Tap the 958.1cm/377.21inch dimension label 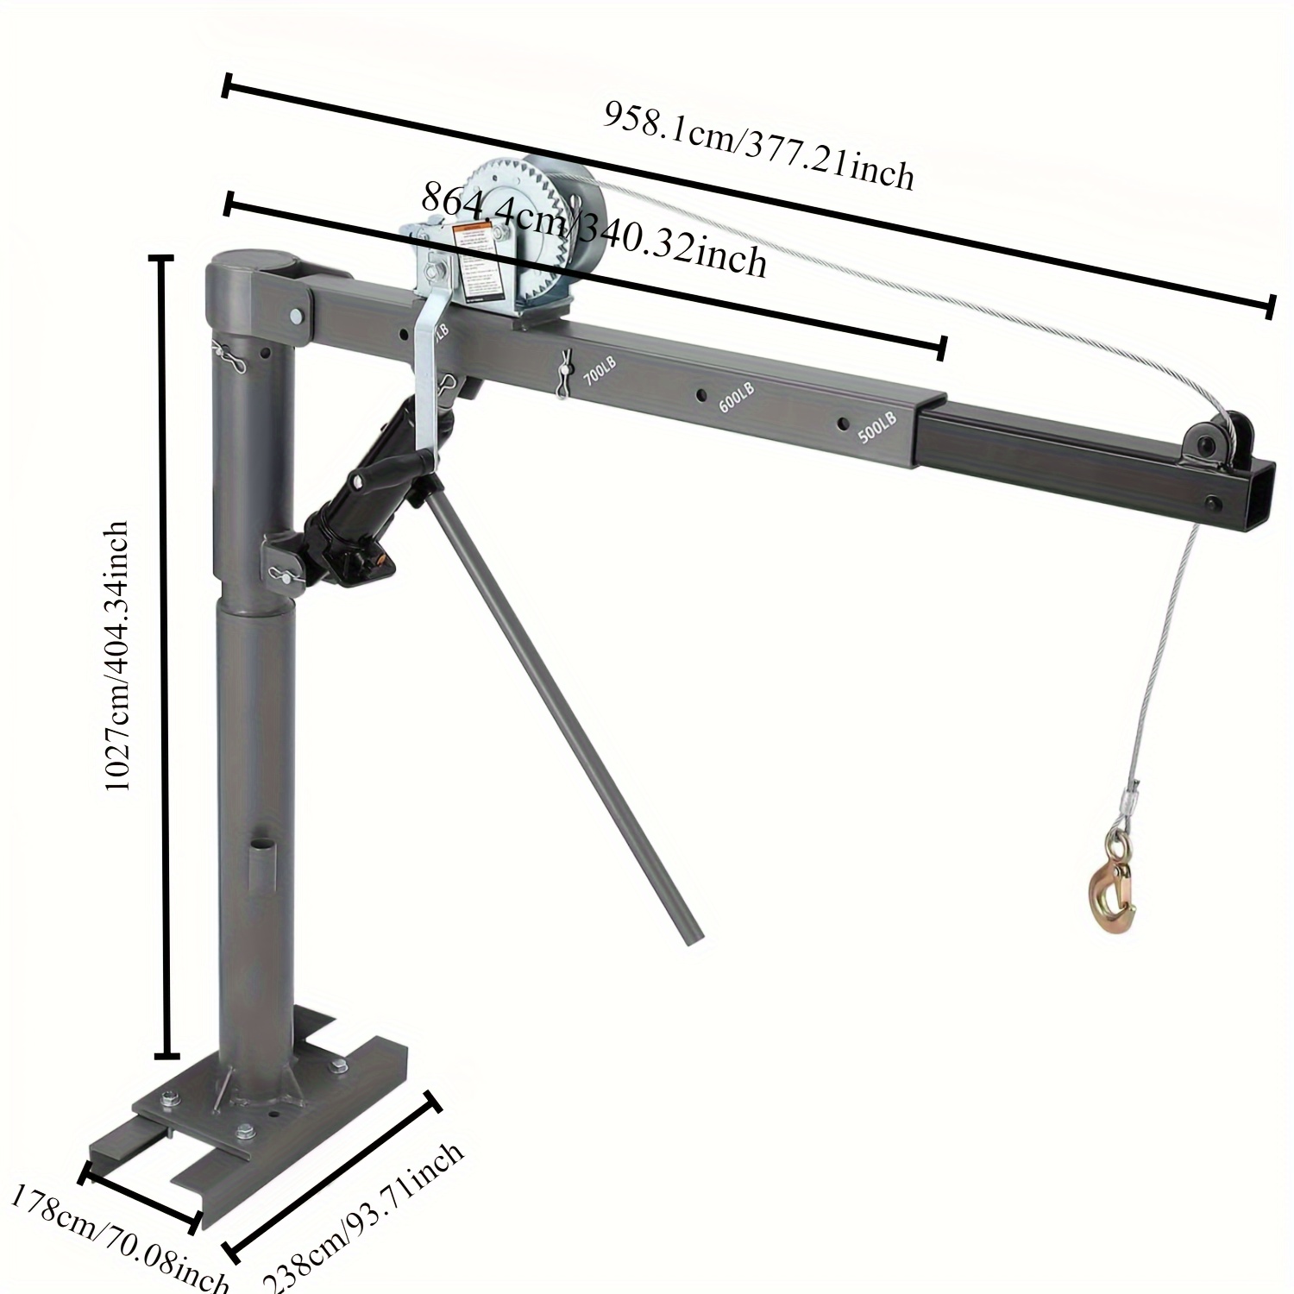click(x=757, y=146)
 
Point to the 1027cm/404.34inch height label click(x=116, y=656)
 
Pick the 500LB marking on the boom click(x=878, y=426)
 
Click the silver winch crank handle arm click(x=429, y=380)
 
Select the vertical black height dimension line click(x=165, y=656)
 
